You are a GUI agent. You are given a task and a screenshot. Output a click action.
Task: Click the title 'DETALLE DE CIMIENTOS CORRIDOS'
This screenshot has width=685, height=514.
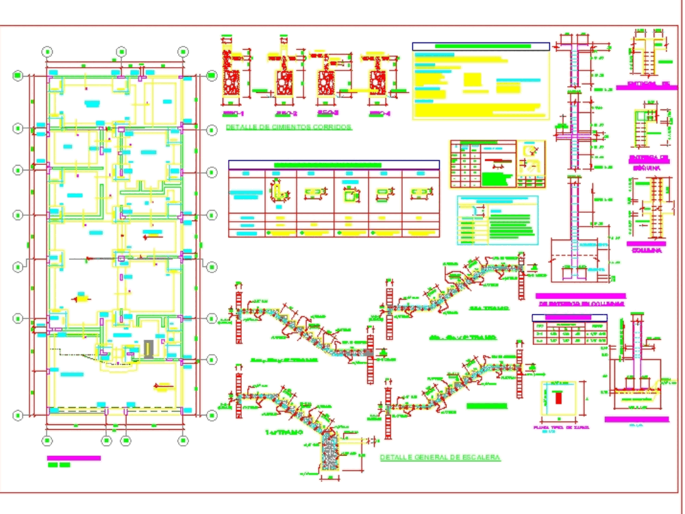(288, 127)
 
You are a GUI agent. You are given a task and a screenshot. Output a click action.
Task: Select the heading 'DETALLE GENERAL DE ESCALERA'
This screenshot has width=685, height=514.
(440, 457)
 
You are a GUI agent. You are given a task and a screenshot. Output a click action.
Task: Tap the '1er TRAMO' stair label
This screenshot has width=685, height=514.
(280, 433)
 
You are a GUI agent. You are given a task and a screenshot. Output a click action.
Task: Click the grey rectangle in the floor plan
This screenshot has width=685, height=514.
(149, 349)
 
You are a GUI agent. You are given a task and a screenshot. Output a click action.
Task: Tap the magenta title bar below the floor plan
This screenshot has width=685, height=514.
(73, 458)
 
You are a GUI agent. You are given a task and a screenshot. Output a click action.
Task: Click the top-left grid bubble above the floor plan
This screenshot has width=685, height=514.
(47, 51)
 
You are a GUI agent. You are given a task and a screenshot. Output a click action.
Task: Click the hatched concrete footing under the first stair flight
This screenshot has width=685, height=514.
(331, 454)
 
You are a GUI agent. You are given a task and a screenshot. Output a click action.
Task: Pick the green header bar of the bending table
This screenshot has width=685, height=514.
(327, 165)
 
